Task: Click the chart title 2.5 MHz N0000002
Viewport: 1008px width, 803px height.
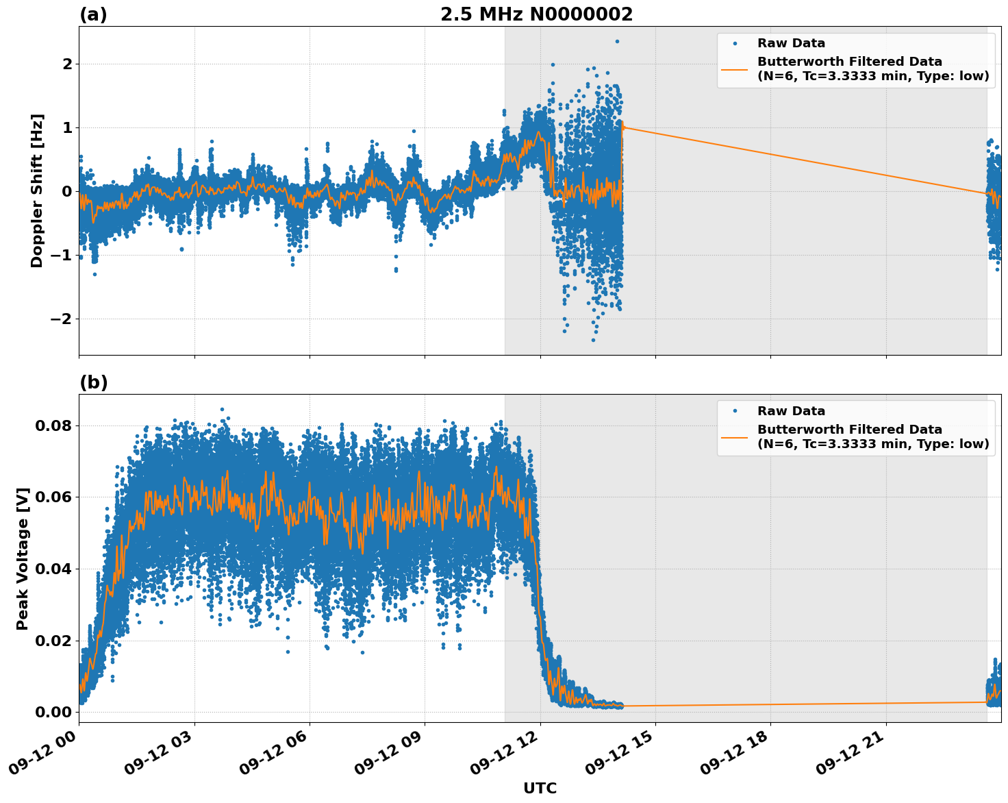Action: point(536,14)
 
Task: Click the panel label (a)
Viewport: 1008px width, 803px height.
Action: point(93,14)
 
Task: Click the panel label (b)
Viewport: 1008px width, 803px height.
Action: point(93,382)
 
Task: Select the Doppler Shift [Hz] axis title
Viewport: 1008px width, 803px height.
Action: point(37,190)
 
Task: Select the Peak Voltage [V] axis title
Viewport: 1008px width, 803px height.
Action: point(23,558)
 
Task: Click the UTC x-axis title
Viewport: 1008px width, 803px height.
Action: point(540,788)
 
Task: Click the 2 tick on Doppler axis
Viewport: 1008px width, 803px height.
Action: point(66,64)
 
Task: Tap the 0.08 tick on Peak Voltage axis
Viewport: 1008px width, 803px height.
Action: point(53,425)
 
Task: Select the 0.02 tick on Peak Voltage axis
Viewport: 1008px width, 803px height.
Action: point(53,641)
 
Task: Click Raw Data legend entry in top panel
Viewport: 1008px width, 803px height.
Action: point(791,43)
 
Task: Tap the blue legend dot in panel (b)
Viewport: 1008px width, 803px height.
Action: point(735,411)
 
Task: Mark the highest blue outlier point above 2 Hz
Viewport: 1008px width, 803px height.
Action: point(616,41)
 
